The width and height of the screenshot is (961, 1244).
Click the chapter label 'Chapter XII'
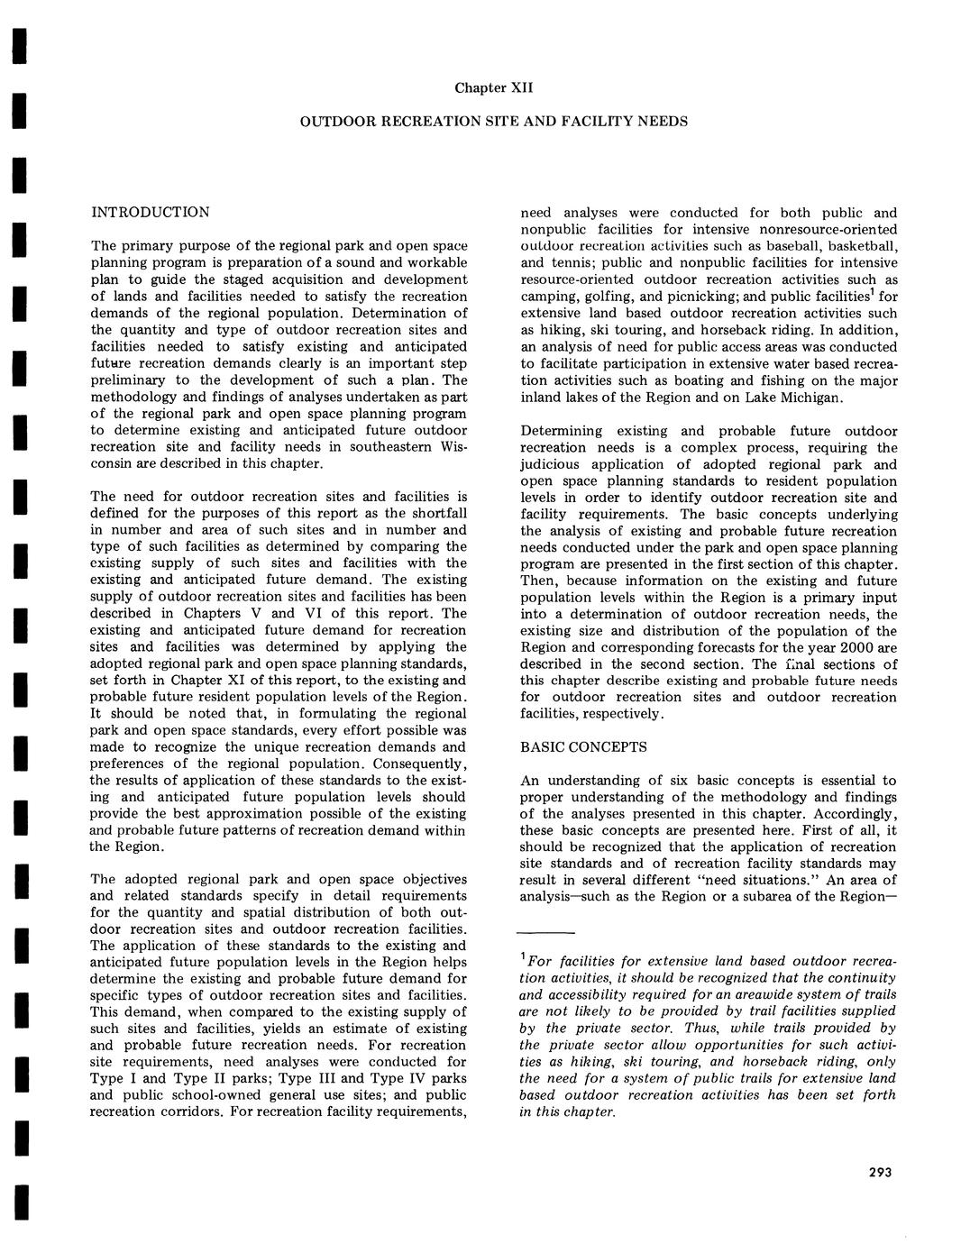pyautogui.click(x=494, y=87)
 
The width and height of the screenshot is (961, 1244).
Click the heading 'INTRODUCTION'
pyautogui.click(x=150, y=212)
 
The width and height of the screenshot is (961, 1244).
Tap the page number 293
pyautogui.click(x=880, y=1172)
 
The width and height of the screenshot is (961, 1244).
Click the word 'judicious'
pyautogui.click(x=553, y=464)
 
